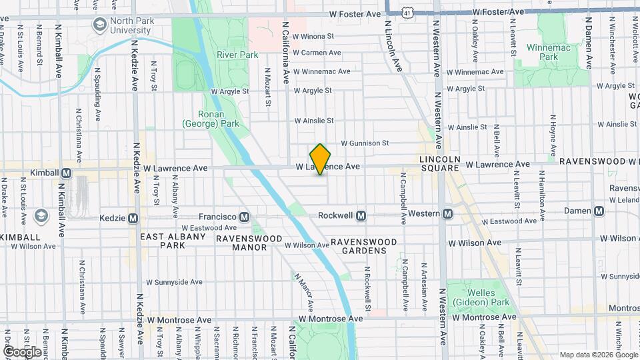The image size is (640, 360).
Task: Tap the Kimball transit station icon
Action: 66,173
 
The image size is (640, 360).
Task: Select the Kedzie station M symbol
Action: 133,218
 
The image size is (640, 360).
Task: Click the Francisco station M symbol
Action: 245,217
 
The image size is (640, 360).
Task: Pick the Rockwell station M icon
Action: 361,215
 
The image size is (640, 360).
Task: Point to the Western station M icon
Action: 447,213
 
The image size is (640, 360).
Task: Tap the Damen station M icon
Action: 599,211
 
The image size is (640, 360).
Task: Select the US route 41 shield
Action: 407,13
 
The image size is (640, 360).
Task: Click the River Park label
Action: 236,55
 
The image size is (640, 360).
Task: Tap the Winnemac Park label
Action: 551,53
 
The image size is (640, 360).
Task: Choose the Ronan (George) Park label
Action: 210,119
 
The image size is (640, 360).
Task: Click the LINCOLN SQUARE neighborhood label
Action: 440,164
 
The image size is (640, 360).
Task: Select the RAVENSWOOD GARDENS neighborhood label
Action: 364,246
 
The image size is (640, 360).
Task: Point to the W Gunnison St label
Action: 365,143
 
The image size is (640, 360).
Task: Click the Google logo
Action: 22,351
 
